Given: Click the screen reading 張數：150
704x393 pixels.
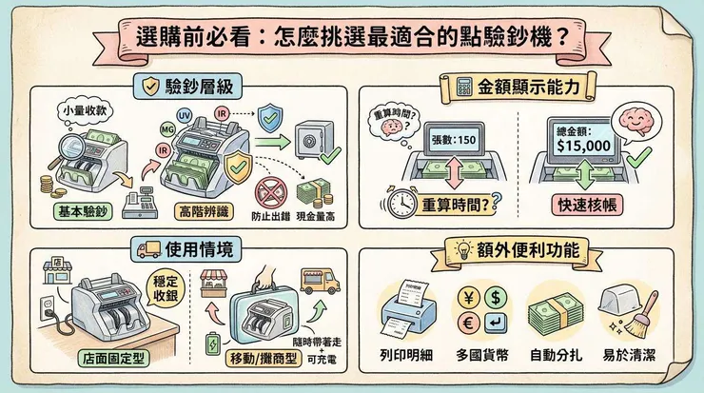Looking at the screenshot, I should pyautogui.click(x=452, y=139).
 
